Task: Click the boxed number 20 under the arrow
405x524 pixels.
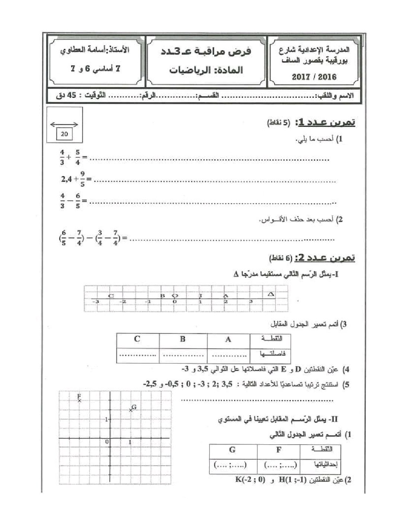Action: pos(64,134)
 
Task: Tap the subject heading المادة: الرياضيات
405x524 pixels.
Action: pos(206,70)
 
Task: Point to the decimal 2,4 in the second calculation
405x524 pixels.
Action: pos(67,179)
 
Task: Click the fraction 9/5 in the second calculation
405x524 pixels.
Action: pos(82,179)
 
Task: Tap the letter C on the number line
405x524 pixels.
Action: pos(111,296)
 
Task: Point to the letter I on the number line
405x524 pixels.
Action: pos(200,296)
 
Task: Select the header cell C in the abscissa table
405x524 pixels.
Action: pos(137,339)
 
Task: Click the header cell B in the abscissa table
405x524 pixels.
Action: pos(182,339)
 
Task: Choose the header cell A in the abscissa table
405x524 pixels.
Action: pos(228,339)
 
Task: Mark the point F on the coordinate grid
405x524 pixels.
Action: pos(79,400)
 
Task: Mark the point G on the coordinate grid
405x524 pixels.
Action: pos(131,410)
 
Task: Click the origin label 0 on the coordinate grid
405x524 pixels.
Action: pos(106,442)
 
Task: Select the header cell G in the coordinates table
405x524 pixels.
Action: pos(232,450)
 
